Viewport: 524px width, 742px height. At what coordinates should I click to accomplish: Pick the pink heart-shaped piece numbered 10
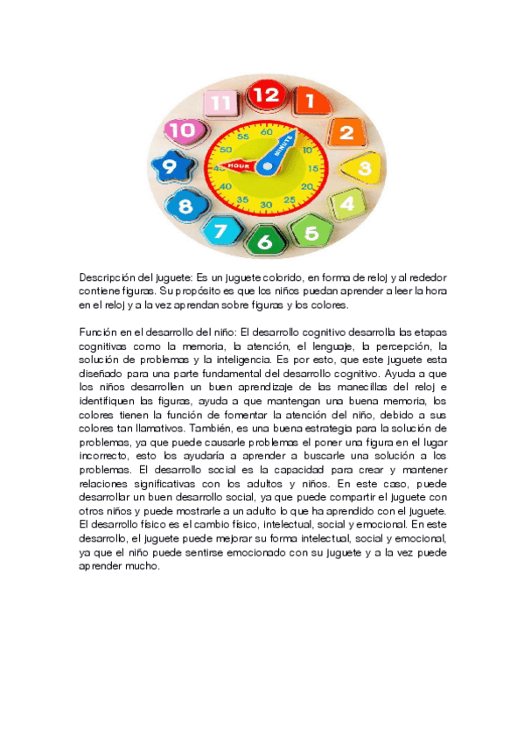point(181,130)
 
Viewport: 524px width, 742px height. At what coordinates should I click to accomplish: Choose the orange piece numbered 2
point(346,133)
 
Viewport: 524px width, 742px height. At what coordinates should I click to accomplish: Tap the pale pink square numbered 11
point(221,103)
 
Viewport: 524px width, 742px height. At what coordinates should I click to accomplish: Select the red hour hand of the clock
point(240,164)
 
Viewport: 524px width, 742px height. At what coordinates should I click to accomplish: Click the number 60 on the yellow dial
point(267,132)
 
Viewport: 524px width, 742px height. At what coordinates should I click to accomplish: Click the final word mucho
point(143,566)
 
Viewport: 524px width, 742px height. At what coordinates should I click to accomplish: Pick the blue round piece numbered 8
point(185,207)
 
